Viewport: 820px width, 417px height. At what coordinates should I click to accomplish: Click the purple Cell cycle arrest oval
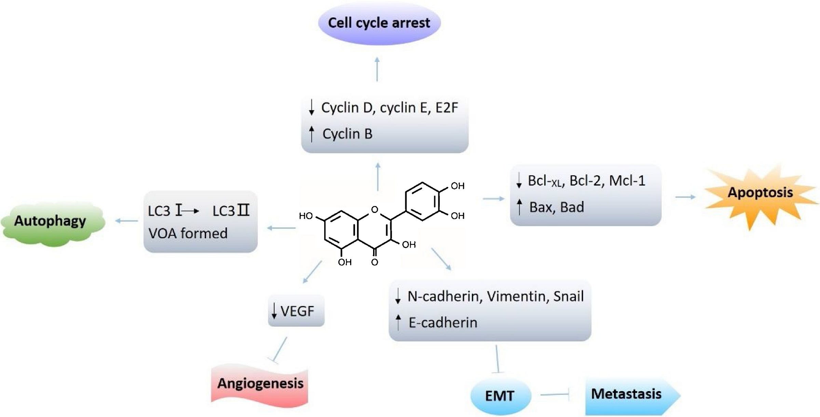pyautogui.click(x=379, y=23)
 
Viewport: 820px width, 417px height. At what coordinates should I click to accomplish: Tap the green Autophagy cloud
pyautogui.click(x=51, y=222)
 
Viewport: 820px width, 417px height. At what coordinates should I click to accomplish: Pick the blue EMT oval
pyautogui.click(x=500, y=396)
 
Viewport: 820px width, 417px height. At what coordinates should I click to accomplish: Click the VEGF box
pyautogui.click(x=296, y=311)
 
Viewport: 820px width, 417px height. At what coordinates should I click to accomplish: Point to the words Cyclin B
pyautogui.click(x=347, y=134)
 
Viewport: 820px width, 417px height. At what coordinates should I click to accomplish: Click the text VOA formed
pyautogui.click(x=188, y=234)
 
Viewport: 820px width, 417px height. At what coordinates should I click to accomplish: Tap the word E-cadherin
pyautogui.click(x=443, y=323)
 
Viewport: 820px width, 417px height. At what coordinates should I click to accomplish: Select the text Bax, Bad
pyautogui.click(x=556, y=207)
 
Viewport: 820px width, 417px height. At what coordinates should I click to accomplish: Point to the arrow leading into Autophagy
pyautogui.click(x=126, y=221)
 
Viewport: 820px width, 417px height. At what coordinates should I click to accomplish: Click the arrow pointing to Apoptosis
pyautogui.click(x=685, y=197)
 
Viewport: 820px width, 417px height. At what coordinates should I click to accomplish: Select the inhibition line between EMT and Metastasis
pyautogui.click(x=556, y=395)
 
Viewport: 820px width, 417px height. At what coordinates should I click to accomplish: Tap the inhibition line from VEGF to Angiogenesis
pyautogui.click(x=280, y=350)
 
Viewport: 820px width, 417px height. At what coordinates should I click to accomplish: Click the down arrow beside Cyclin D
pyautogui.click(x=311, y=108)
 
